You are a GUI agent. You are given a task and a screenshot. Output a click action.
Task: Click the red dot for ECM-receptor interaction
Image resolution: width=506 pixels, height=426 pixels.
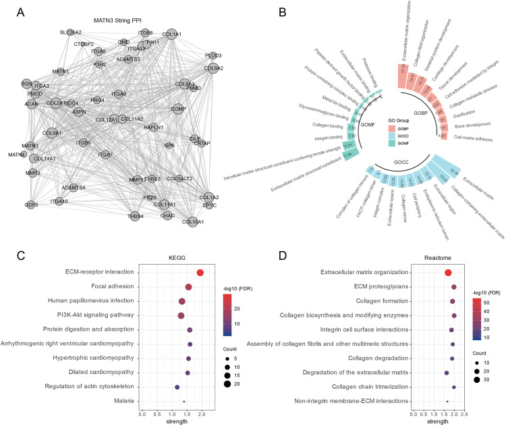click(x=200, y=272)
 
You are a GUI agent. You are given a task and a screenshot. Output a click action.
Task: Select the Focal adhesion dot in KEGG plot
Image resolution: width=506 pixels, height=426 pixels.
click(x=188, y=287)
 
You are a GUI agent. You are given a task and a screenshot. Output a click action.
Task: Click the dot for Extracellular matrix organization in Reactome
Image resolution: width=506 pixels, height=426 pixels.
click(x=449, y=272)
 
